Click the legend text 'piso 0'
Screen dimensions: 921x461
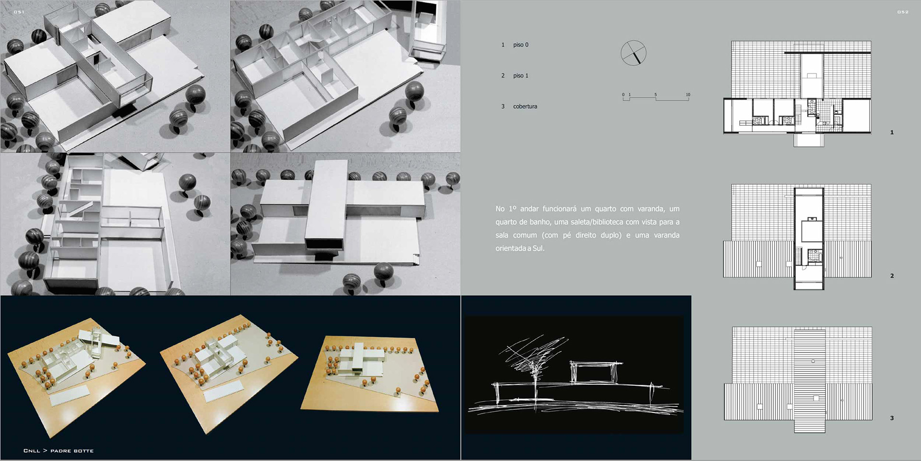coord(520,45)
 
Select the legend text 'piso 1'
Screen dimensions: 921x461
coord(520,76)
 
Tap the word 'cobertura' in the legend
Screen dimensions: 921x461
coord(525,106)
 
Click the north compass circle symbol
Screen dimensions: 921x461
coord(633,53)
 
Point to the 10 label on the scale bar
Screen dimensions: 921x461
coord(688,94)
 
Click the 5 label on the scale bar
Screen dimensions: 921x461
coord(656,94)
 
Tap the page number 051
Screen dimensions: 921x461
coord(19,12)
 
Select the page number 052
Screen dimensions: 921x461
coord(903,12)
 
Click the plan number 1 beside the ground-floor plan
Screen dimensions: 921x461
coord(892,132)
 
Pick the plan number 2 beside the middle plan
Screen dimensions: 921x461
coord(892,276)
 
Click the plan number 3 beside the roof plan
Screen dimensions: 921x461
coord(892,418)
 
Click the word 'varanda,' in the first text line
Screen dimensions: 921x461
coord(651,209)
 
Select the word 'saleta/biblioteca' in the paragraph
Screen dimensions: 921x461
coord(597,222)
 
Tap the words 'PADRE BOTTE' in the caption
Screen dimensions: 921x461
coord(72,451)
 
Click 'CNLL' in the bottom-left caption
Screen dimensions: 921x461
coord(32,451)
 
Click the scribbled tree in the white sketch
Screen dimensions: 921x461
coord(533,364)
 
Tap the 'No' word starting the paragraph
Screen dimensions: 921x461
coord(500,209)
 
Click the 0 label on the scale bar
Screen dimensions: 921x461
coord(624,94)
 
